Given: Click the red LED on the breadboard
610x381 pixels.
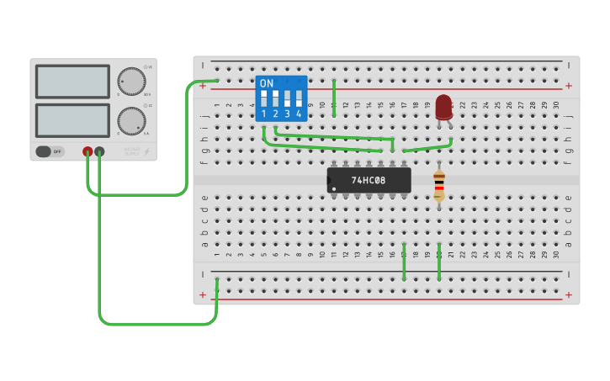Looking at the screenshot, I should (x=443, y=107).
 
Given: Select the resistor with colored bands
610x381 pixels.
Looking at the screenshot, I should (x=438, y=184).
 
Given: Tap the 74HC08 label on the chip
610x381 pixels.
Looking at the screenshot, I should (x=369, y=180).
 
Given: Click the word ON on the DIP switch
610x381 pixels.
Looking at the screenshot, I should (x=267, y=83).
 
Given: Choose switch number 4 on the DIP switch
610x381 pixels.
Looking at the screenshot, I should (x=299, y=98).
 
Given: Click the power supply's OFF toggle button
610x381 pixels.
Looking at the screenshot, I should (x=50, y=151).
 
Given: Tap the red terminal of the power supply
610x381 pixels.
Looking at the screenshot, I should (x=88, y=151).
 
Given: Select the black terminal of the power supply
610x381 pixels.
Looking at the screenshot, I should (x=99, y=151).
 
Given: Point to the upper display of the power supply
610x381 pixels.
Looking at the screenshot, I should (x=72, y=82).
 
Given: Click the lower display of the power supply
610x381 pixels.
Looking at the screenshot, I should (x=72, y=120).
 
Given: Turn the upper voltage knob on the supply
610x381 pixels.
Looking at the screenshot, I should (x=131, y=82).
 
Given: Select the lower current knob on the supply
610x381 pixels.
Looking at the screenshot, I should (x=131, y=120).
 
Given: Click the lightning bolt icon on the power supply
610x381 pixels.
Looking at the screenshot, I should (x=147, y=152).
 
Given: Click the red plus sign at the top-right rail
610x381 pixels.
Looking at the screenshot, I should (x=569, y=86).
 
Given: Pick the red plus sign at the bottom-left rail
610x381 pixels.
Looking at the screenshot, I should (x=203, y=294).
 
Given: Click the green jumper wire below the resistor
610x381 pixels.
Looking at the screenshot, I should (x=438, y=262).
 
